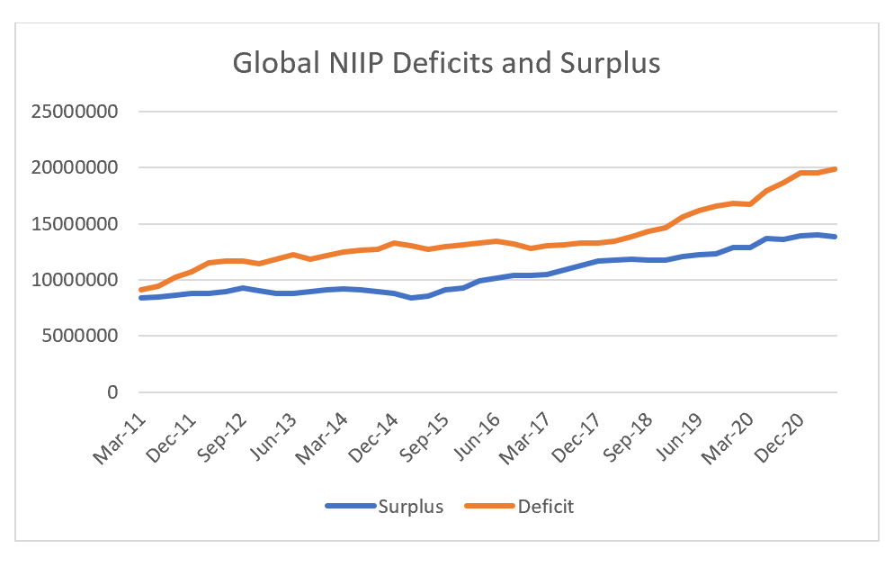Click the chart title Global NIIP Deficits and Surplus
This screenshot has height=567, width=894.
click(446, 64)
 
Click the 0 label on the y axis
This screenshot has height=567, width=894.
click(112, 392)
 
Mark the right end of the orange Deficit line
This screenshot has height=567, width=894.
click(836, 168)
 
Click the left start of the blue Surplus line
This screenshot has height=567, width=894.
click(141, 297)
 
